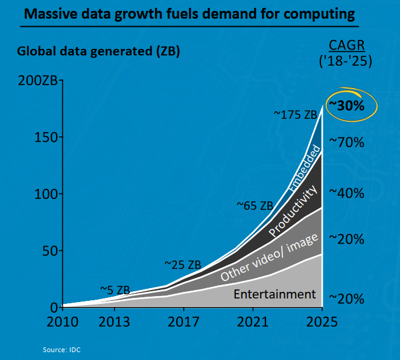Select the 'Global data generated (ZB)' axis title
click(98, 51)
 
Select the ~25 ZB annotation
click(182, 264)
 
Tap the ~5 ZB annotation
click(115, 289)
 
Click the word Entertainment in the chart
click(275, 294)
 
